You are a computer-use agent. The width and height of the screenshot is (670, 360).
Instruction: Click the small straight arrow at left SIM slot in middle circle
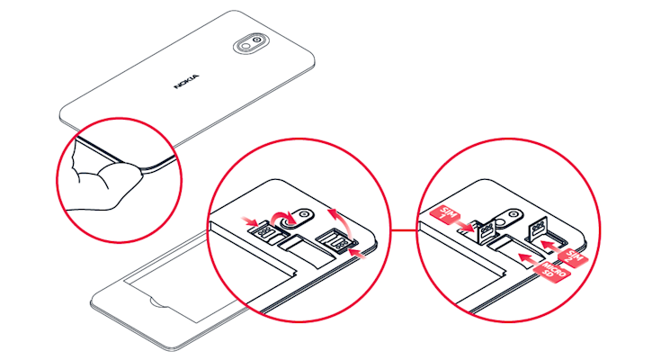click(x=250, y=219)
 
